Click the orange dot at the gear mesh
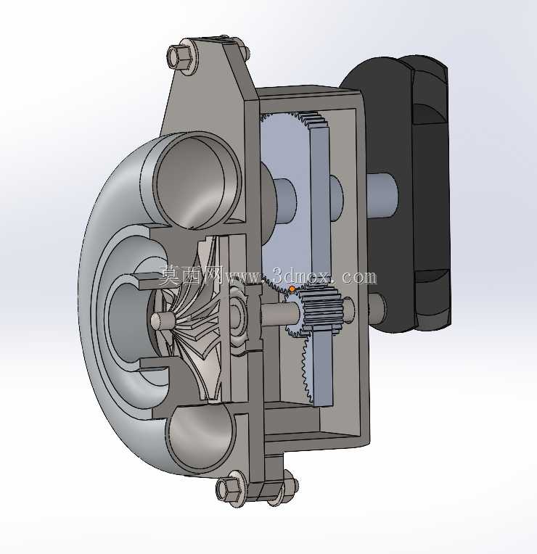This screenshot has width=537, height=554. (292, 289)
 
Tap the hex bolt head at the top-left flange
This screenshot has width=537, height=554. (180, 56)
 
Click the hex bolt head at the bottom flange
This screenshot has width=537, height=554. (230, 488)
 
